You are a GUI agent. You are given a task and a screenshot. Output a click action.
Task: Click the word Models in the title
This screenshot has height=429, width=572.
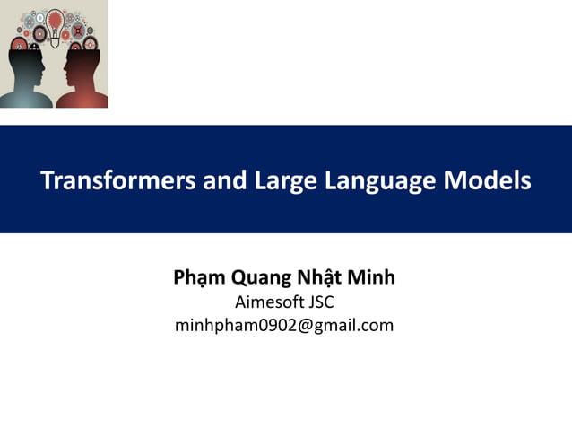488,181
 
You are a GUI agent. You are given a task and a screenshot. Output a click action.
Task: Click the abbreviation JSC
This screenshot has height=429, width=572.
320,302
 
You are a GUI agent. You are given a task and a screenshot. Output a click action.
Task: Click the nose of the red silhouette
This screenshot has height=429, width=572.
63,69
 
